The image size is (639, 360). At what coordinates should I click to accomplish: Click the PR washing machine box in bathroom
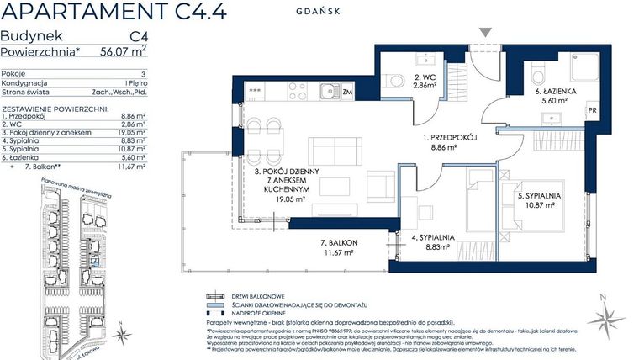click(x=592, y=110)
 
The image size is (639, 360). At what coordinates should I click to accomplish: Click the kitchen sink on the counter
click(x=328, y=90)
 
